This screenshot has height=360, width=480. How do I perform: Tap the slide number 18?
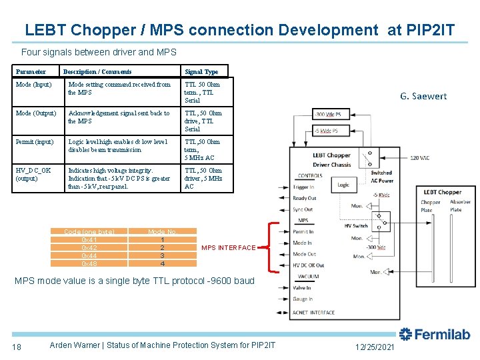coord(17,346)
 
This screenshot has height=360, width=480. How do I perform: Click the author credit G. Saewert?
coord(423,96)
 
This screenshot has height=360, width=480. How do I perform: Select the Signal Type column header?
coord(201,71)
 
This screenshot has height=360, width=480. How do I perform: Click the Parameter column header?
coord(31,71)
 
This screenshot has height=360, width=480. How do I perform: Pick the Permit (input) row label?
coord(35,142)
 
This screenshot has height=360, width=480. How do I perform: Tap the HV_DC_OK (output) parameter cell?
coord(33,174)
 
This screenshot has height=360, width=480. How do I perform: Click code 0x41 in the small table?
coord(89,239)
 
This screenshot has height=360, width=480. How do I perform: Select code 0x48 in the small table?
coord(89,263)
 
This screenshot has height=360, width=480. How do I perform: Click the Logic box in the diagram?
coord(343,185)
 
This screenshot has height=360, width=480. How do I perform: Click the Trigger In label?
coord(304,187)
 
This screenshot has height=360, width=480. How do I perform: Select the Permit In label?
coord(303,232)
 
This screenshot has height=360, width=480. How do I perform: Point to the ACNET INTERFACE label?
coord(313,312)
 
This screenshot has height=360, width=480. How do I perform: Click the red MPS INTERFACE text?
coord(228,248)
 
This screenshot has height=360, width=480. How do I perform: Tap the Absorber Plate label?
coord(460,206)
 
